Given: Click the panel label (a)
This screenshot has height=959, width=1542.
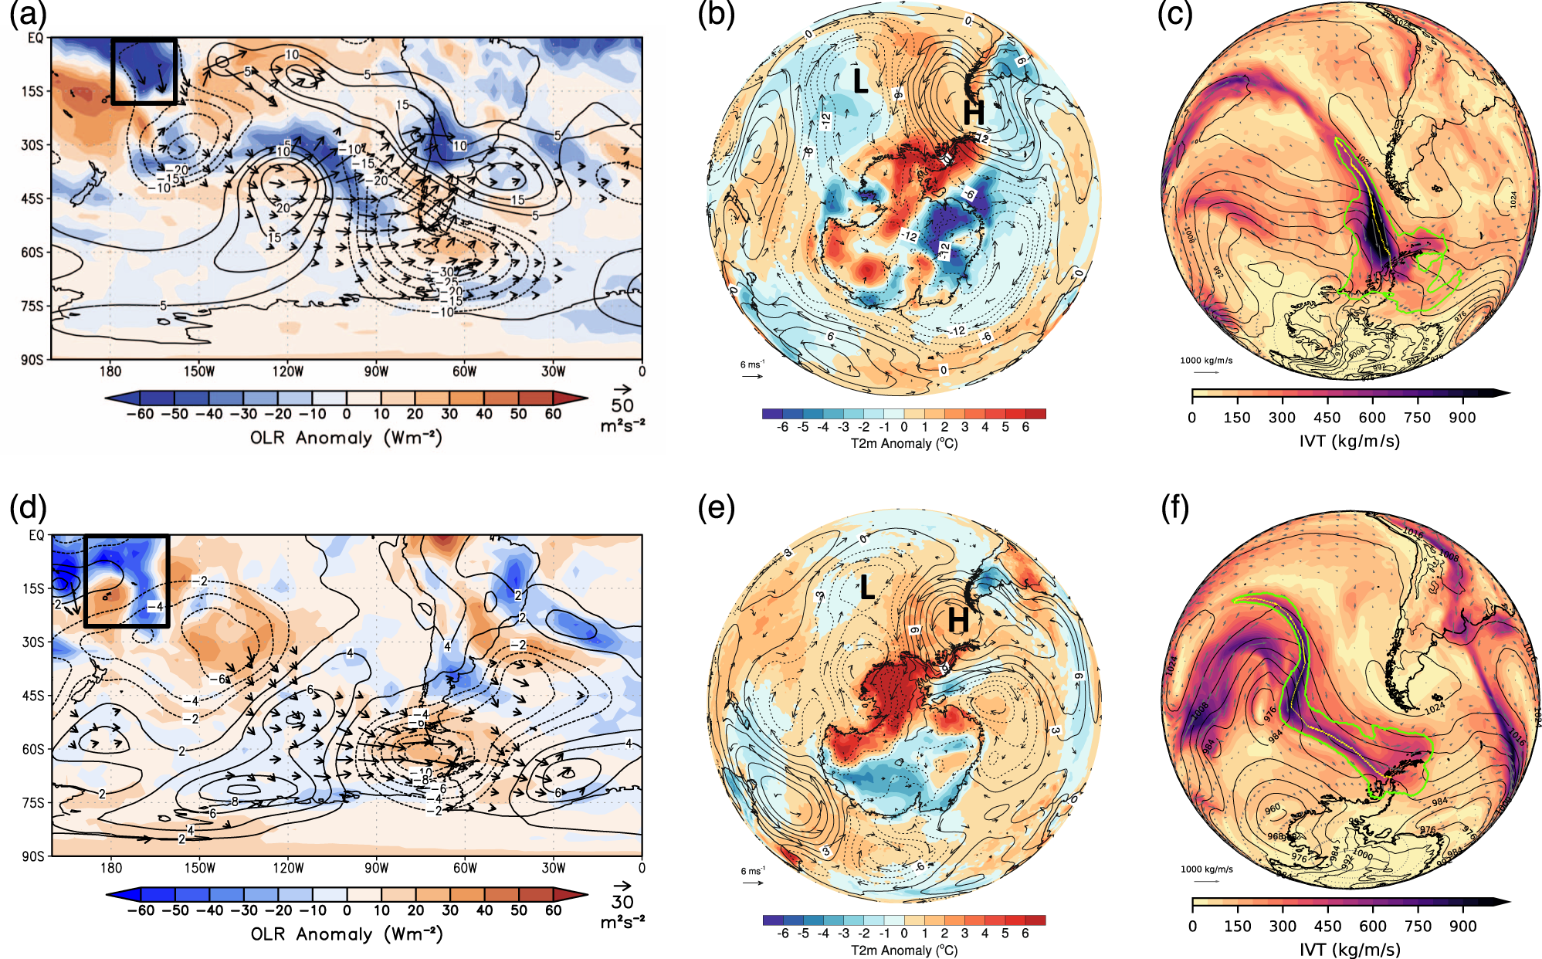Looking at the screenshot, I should click(28, 14).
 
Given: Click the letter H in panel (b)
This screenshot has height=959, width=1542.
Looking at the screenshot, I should click(974, 114).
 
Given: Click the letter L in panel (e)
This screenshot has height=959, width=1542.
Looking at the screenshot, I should click(867, 588).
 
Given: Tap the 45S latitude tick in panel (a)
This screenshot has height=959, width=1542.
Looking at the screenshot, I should click(32, 198).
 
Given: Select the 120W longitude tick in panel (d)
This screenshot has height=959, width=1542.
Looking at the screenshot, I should click(288, 868).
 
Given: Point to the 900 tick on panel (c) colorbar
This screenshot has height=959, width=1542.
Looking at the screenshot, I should click(1462, 418).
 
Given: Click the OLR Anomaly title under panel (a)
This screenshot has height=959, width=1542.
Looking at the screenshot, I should click(346, 438).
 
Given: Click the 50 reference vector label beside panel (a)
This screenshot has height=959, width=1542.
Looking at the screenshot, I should click(622, 405).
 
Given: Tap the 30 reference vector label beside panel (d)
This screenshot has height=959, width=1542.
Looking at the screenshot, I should click(622, 902).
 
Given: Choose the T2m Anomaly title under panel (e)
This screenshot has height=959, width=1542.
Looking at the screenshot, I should click(904, 950).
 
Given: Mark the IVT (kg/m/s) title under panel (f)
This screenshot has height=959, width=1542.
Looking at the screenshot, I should click(1349, 949).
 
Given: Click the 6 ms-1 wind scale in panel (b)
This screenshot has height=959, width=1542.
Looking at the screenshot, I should click(752, 364).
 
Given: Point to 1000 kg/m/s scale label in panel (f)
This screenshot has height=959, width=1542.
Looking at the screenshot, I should click(1206, 869).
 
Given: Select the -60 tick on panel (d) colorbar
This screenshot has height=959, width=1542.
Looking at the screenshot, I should click(141, 910).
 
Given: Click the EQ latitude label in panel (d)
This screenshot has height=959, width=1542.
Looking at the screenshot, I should click(36, 535).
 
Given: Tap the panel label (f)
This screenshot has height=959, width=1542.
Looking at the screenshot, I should click(1175, 509).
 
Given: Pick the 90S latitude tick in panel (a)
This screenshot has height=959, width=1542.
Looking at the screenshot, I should click(32, 360).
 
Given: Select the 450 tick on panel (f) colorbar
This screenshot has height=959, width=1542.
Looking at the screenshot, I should click(1327, 926).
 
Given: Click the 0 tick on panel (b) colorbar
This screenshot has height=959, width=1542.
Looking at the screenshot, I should click(904, 427).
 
